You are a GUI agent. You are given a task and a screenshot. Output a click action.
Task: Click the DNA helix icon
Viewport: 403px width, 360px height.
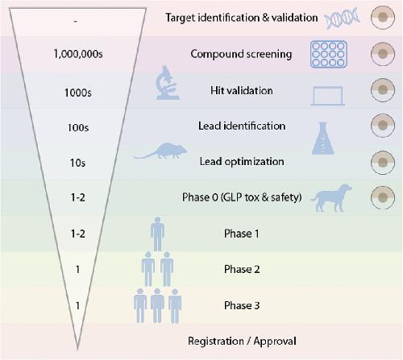(342, 18)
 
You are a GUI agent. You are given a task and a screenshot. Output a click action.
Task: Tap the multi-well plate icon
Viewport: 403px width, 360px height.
(329, 54)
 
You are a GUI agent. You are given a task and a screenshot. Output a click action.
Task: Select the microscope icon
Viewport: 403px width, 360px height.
(168, 83)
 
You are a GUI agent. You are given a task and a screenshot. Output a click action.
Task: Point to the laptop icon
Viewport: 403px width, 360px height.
(328, 96)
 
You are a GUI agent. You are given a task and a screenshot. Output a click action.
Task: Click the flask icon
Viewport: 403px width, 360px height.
(323, 139)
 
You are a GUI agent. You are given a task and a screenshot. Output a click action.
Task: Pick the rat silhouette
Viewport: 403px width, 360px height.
(161, 151)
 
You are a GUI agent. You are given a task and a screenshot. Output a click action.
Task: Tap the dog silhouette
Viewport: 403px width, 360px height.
(331, 198)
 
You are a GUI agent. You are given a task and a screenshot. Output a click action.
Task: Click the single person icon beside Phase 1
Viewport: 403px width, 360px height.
(157, 234)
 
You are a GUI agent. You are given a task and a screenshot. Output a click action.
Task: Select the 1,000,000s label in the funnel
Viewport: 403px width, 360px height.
(78, 54)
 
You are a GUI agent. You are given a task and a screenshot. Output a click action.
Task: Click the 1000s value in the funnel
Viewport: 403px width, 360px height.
(78, 93)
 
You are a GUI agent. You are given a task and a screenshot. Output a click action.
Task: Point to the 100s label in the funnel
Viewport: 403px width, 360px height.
(78, 127)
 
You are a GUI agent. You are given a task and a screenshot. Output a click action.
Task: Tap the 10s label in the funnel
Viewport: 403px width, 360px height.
(78, 163)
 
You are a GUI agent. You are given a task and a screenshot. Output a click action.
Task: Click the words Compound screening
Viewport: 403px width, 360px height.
(241, 54)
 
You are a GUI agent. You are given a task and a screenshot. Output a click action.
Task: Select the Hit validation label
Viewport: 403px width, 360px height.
(241, 90)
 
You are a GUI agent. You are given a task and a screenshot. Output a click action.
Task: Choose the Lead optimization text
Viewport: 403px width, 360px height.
(242, 162)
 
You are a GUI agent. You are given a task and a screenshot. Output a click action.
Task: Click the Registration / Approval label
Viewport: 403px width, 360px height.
(242, 341)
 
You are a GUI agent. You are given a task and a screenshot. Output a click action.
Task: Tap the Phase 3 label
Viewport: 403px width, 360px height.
(242, 305)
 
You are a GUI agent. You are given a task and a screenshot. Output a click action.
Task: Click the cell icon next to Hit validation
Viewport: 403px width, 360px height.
(383, 90)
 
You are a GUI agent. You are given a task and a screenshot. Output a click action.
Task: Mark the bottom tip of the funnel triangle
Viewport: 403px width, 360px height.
(77, 350)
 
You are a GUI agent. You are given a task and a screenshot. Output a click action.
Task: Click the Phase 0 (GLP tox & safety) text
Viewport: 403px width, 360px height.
(242, 197)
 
